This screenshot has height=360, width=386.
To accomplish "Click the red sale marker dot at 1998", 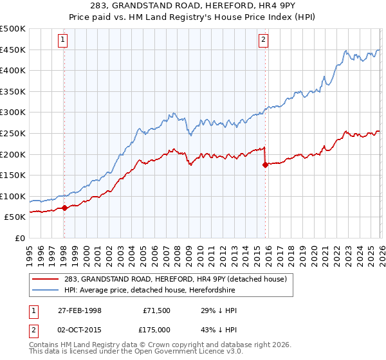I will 64,208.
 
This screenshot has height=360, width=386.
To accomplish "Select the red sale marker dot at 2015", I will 265,165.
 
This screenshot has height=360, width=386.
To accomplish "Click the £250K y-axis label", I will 13,133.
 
